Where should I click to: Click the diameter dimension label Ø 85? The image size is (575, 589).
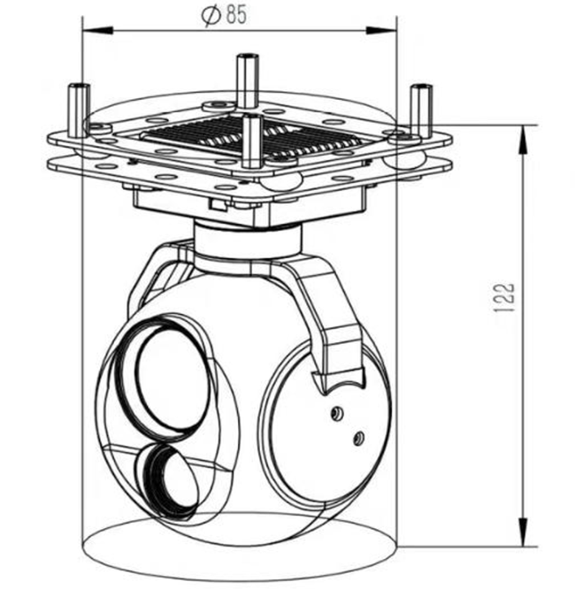(225, 15)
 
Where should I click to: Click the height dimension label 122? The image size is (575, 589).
(503, 297)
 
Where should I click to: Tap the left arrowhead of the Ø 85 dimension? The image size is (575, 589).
(97, 31)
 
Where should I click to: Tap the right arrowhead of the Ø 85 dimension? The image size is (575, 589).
(381, 31)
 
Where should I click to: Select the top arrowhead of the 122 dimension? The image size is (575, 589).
(523, 140)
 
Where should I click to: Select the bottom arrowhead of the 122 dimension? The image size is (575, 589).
(523, 532)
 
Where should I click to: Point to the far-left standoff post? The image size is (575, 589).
(79, 110)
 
